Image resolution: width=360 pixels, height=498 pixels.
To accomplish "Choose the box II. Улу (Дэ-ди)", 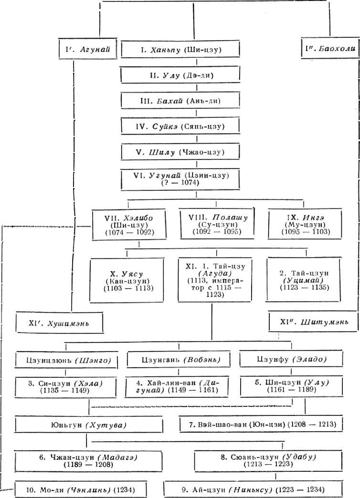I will pyautogui.click(x=179, y=75).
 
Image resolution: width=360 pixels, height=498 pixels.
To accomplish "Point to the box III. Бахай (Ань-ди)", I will pyautogui.click(x=179, y=101).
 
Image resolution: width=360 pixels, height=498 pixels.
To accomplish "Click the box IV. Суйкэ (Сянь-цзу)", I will pyautogui.click(x=179, y=126).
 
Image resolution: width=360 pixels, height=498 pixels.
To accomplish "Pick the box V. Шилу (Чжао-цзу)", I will pyautogui.click(x=179, y=152).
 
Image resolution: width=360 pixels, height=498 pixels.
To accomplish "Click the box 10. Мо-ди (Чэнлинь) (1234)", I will pyautogui.click(x=80, y=489).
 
